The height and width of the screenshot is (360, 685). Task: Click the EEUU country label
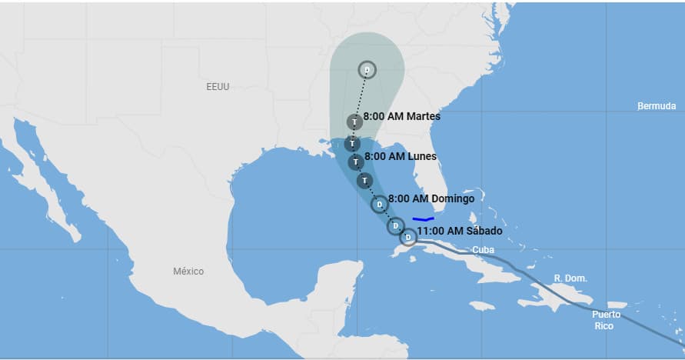coord(218,87)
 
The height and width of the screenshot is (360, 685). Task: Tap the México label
coord(188,271)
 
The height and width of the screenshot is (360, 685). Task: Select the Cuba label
coord(483,250)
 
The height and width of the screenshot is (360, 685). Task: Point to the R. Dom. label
coord(570,278)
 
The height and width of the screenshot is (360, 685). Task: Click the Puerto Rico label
coord(606,320)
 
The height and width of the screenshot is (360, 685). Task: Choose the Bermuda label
coord(657,106)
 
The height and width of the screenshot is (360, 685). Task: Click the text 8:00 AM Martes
coord(401,117)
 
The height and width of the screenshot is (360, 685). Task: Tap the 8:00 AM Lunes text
coord(400,156)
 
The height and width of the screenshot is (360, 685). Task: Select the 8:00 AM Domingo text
coord(431,198)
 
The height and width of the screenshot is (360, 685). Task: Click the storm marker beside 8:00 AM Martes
coord(354,122)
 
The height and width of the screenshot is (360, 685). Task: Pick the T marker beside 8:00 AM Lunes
coord(355,162)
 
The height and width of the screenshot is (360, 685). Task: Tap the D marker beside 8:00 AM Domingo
coord(379,205)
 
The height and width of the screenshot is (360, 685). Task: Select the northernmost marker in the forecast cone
coord(367,70)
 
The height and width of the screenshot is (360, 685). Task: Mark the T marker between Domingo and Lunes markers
coord(364,180)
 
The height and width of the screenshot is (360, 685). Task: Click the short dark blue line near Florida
coord(424,219)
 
